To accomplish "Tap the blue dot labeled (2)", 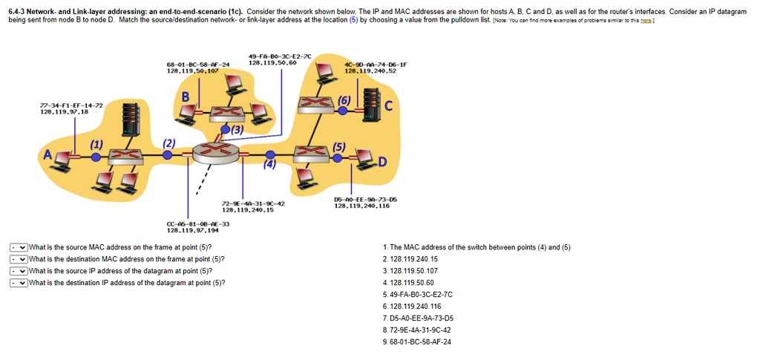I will pos(168,156).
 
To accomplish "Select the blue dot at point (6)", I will pos(342,110).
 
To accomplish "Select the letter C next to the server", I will pos(387,107).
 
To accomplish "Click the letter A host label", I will pos(48,156).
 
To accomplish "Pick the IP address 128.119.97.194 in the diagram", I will pos(198,231).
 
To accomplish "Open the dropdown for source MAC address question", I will pos(19,247).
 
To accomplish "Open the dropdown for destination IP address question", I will pos(19,283).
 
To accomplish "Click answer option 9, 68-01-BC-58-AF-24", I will pos(420,341).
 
